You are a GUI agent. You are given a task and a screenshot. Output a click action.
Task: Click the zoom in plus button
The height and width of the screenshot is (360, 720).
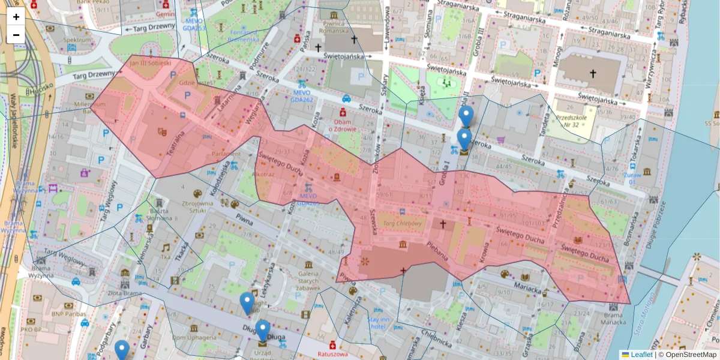pyautogui.click(x=16, y=17)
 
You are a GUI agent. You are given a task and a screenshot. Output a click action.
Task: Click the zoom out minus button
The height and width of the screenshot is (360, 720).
pyautogui.click(x=16, y=35)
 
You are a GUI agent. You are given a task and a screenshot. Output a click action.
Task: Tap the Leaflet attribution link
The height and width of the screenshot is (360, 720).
pyautogui.click(x=641, y=355)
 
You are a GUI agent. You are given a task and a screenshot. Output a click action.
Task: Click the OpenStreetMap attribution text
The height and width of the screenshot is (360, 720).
pyautogui.click(x=689, y=355)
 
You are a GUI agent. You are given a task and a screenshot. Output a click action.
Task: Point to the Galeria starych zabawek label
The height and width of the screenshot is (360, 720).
pyautogui.click(x=316, y=279)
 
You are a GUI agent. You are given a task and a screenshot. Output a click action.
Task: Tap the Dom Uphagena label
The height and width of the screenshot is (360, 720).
pyautogui.click(x=191, y=338)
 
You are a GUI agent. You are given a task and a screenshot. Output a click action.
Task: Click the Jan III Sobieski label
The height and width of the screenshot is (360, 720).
pyautogui.click(x=151, y=62)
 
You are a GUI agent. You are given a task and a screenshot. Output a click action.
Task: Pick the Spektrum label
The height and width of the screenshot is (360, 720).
pyautogui.click(x=76, y=40)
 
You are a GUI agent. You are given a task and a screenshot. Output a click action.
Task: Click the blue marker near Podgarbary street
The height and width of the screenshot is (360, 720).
pyautogui.click(x=122, y=350)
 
